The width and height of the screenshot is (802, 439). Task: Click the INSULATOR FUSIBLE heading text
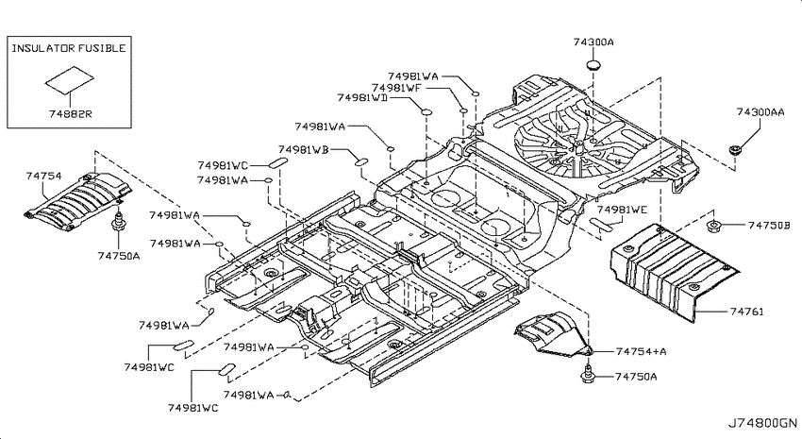69,48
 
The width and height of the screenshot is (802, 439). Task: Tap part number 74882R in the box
71,113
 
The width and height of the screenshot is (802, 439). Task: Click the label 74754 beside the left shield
44,176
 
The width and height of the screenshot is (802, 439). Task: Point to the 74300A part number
593,42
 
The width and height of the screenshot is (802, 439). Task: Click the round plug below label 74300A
593,65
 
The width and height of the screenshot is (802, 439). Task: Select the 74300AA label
760,111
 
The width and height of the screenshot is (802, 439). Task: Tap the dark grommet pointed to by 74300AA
735,150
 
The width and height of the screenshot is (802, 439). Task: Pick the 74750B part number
769,225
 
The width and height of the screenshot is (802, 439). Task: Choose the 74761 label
746,312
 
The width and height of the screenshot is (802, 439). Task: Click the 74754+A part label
642,351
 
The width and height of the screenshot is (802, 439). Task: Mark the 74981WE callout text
622,210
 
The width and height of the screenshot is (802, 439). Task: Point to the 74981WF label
396,88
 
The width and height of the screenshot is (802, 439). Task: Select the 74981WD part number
362,97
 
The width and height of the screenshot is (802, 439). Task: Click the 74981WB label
303,149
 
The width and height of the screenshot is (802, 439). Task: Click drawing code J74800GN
762,423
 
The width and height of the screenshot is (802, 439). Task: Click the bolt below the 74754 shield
119,222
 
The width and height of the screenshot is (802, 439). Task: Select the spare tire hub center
578,147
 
